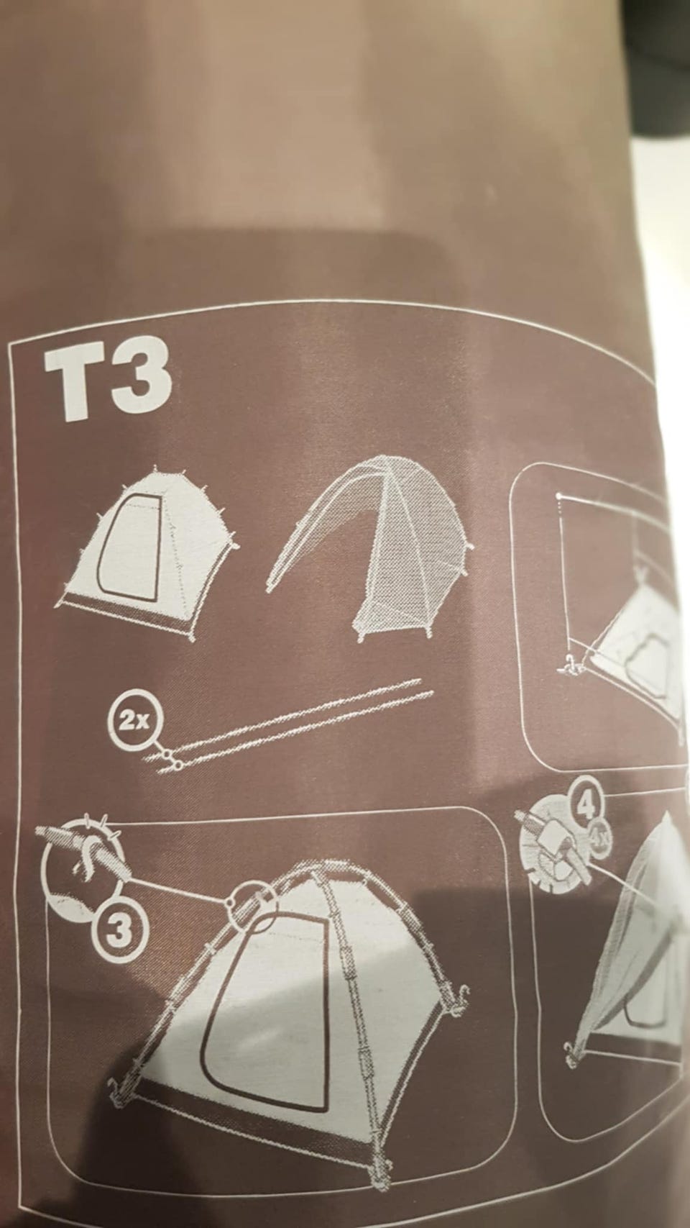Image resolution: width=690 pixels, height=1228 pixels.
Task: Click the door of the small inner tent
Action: [130, 545]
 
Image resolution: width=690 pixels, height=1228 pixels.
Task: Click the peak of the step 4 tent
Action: [666, 819]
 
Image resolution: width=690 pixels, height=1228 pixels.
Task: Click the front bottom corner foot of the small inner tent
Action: [193, 637]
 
